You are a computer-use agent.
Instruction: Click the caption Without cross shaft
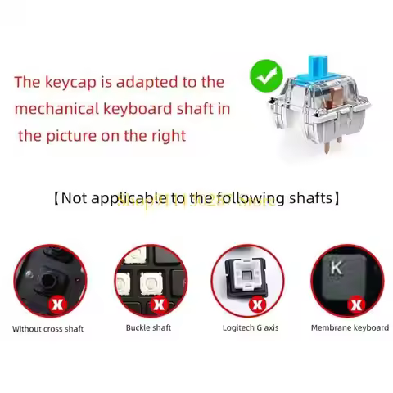click(x=47, y=329)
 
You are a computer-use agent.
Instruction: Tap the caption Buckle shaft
click(x=148, y=328)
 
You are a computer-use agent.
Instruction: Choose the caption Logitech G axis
click(x=251, y=328)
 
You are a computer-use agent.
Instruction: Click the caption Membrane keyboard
click(x=350, y=328)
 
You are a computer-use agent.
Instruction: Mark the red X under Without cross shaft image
click(x=57, y=304)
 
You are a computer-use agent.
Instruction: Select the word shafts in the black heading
click(x=310, y=198)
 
